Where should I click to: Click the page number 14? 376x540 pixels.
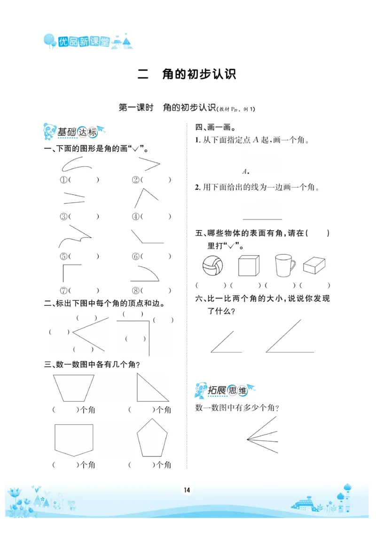click(x=187, y=490)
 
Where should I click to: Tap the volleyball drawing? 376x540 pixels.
click(x=213, y=267)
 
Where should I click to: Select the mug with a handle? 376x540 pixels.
click(x=285, y=266)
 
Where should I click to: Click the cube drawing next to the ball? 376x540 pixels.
click(x=249, y=266)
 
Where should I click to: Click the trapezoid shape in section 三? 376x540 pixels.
click(x=74, y=388)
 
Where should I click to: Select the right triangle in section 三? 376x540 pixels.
click(x=152, y=387)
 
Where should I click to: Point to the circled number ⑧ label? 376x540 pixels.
click(x=135, y=291)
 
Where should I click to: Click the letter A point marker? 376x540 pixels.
click(x=245, y=171)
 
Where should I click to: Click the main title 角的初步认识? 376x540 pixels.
click(x=198, y=74)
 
